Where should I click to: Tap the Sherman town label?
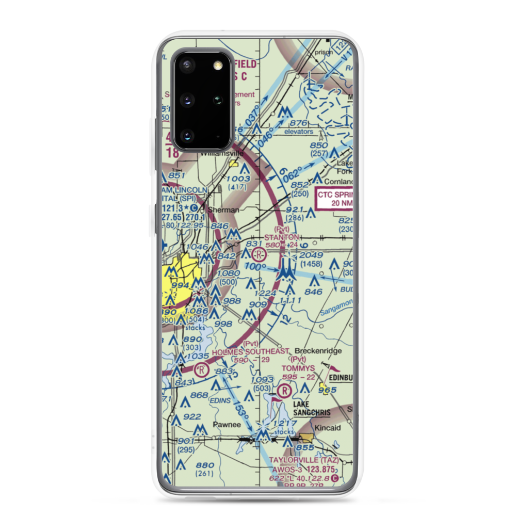(x=223, y=210)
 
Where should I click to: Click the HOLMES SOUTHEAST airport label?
(x=251, y=351)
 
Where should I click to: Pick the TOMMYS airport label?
(x=298, y=368)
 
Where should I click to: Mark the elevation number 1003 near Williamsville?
(x=238, y=179)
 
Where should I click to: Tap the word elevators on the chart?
(x=298, y=132)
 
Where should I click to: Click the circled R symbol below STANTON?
(x=259, y=254)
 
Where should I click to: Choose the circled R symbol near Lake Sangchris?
(x=284, y=390)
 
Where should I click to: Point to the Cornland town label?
(x=339, y=181)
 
